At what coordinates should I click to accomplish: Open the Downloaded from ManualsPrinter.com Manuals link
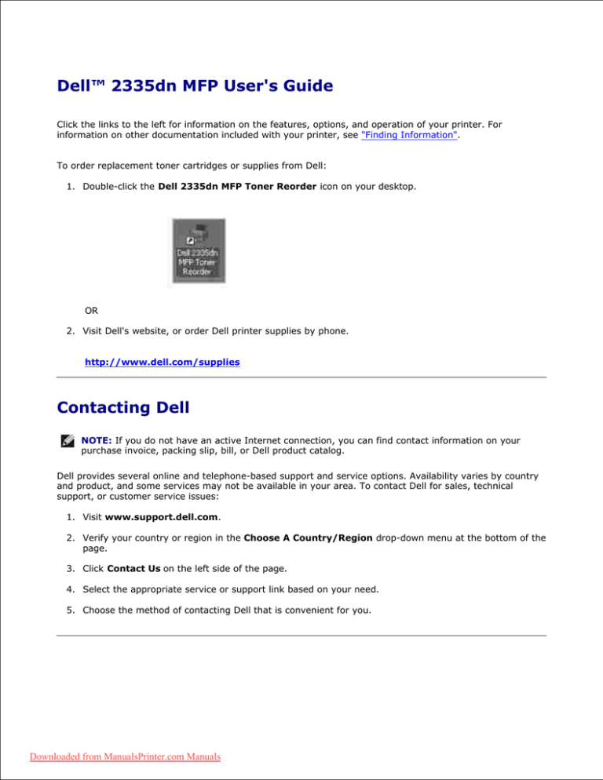[x=114, y=757]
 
